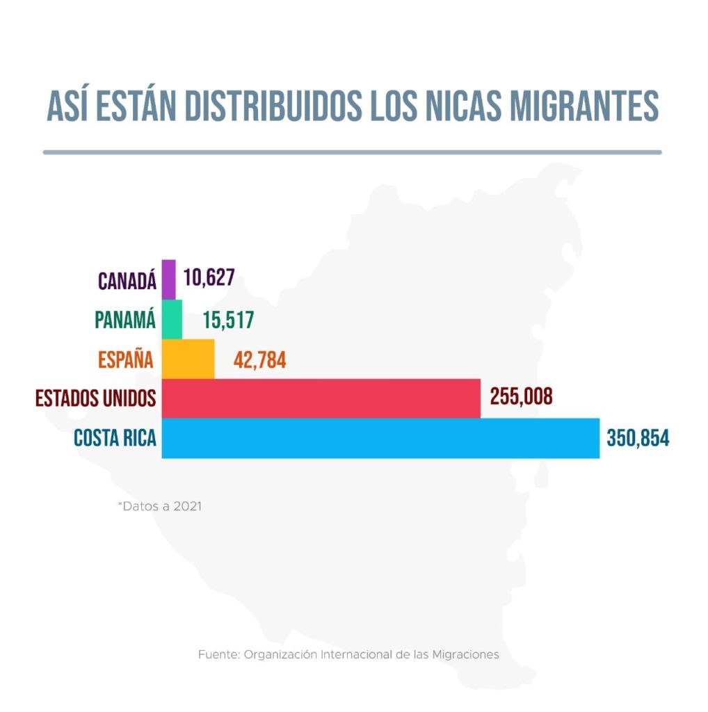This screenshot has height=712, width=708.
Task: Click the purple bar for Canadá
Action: [168, 279]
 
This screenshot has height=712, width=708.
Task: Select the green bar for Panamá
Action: [172, 319]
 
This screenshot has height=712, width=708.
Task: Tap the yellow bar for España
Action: [188, 359]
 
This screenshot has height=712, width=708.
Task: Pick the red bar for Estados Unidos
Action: [321, 398]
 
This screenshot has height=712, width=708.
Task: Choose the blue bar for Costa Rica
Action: [380, 438]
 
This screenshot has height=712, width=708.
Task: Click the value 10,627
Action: [209, 279]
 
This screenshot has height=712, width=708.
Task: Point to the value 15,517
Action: [229, 320]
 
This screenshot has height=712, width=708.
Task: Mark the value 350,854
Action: [638, 439]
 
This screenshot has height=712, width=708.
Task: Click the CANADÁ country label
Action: [127, 280]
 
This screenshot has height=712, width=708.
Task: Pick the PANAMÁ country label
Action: [124, 321]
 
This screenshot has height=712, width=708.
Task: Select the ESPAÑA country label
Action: [126, 359]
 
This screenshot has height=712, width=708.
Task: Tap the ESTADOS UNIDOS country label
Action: [96, 399]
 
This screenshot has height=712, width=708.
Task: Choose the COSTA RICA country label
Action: [115, 439]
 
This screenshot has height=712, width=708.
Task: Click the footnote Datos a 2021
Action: [160, 506]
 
